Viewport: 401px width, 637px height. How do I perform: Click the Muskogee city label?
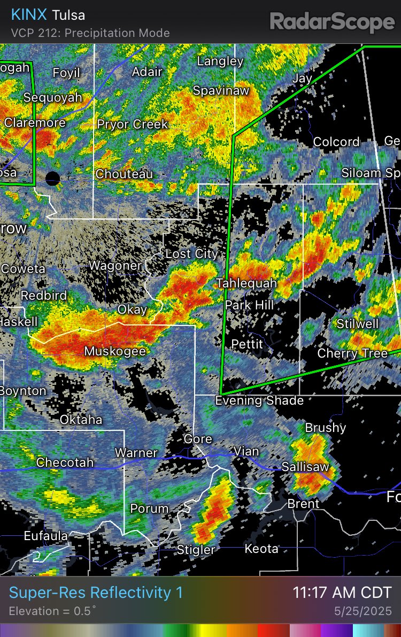[115, 351]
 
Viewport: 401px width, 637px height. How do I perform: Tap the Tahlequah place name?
[246, 283]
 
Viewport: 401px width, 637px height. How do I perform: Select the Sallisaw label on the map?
[305, 467]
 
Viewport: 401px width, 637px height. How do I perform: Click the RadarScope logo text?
[332, 22]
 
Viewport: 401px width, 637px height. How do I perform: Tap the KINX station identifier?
[29, 15]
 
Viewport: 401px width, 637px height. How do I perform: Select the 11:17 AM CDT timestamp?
[342, 593]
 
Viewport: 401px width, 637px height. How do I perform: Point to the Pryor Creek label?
[133, 124]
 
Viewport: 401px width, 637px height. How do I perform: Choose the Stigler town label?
[196, 549]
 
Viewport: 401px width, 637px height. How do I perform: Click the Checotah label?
[65, 462]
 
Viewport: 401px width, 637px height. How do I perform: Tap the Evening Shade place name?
[259, 400]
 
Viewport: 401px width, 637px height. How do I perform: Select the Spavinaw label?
[221, 90]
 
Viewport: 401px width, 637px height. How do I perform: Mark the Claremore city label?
[35, 123]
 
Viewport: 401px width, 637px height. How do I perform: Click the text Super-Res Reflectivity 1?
[96, 593]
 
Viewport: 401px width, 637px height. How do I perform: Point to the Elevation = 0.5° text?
[52, 611]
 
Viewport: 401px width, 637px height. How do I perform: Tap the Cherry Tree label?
[352, 353]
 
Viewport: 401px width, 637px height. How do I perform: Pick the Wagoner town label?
[115, 265]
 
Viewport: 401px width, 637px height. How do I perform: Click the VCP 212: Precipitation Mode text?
[90, 33]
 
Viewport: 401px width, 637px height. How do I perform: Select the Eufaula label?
[45, 535]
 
